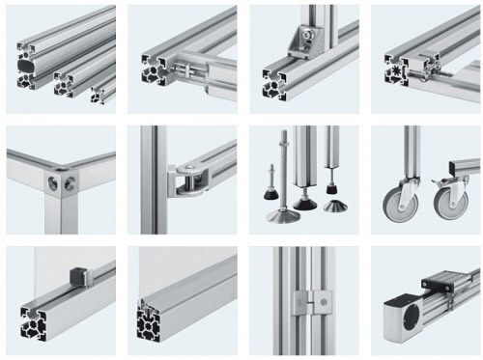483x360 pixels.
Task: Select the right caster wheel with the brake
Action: point(447,203)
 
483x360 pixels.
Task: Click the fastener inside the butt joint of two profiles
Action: point(189,68)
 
